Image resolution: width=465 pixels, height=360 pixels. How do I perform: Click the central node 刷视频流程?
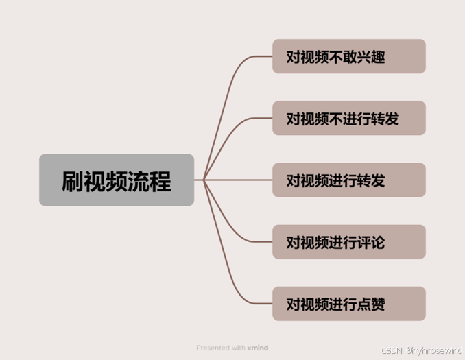[x=117, y=180]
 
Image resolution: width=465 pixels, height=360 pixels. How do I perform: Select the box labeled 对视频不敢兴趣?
[x=348, y=56]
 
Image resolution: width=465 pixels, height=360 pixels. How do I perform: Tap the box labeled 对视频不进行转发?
[x=348, y=118]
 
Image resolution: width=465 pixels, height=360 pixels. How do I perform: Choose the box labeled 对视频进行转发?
[x=348, y=180]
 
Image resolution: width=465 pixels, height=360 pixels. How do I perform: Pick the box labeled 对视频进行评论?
[x=348, y=241]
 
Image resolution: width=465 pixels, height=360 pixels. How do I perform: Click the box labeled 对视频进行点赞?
[x=348, y=303]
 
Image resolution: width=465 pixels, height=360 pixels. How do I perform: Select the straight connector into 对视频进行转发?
[x=240, y=180]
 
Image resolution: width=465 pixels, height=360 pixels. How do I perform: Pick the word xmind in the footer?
[x=257, y=348]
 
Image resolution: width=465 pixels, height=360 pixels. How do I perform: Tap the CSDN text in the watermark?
[x=391, y=350]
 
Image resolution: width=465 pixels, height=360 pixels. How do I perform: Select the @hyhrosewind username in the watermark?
[x=433, y=350]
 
